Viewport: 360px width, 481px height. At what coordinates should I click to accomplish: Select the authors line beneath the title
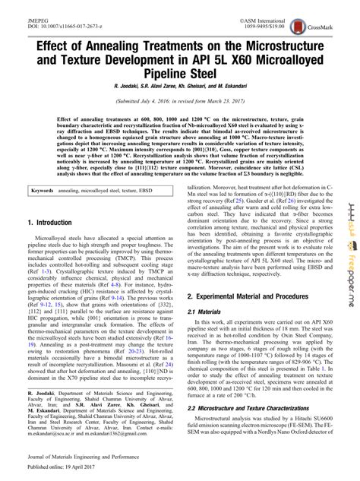pos(179,88)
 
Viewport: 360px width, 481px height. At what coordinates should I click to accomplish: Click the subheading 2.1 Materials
pos(212,312)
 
